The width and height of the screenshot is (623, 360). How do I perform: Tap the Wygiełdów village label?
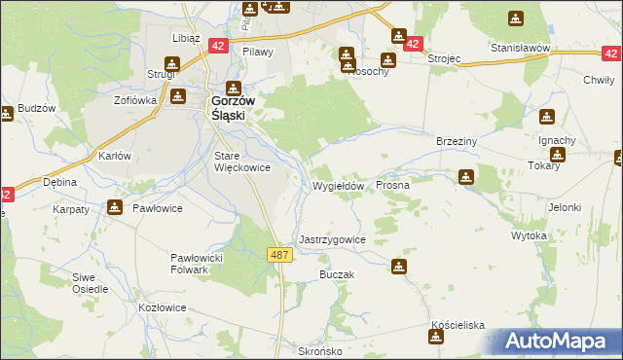click(338, 186)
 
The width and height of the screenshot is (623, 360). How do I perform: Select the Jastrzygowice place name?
click(332, 239)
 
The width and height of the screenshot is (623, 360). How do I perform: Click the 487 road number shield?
click(278, 254)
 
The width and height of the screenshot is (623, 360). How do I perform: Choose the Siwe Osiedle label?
click(90, 283)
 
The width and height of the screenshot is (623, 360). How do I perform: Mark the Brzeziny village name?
click(456, 141)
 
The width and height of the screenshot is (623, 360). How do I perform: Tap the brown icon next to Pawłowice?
click(116, 206)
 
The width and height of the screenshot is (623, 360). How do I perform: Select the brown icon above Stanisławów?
click(515, 18)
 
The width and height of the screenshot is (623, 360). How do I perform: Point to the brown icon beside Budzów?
click(6, 114)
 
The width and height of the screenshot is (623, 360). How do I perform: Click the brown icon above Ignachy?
click(547, 118)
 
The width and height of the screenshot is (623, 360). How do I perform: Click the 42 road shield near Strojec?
click(413, 45)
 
